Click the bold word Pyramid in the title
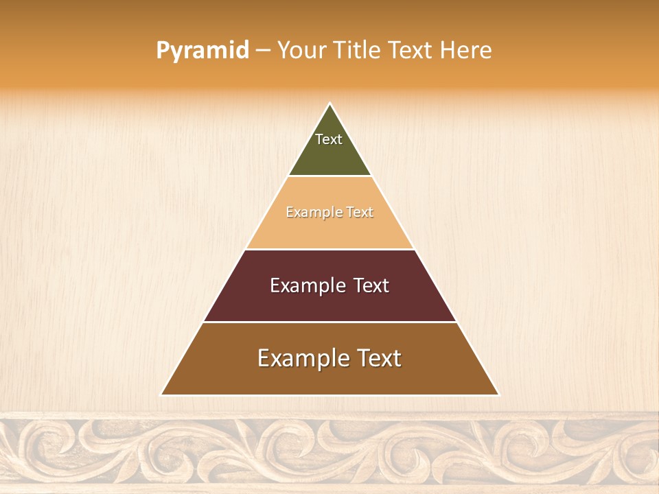[203, 51]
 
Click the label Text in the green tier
[329, 139]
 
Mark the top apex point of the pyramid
[330, 104]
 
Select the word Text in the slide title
[411, 51]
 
